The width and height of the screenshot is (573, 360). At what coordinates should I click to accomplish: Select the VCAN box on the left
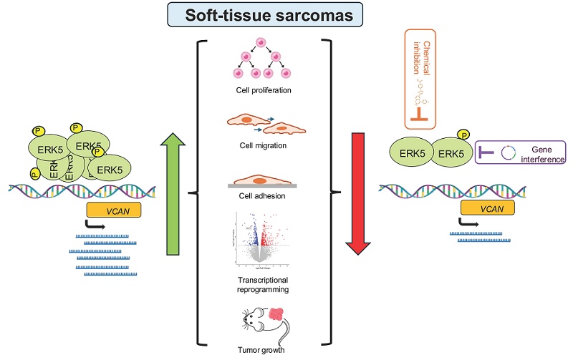[x=112, y=210]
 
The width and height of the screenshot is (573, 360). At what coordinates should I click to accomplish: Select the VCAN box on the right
[x=487, y=208]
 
